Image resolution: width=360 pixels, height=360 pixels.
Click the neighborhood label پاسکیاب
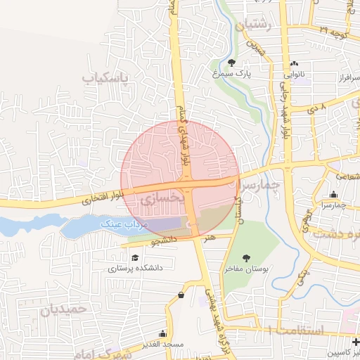coord(107,76)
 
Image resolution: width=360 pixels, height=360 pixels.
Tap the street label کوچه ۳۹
coord(333,30)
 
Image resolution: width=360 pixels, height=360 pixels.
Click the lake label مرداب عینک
coord(117,223)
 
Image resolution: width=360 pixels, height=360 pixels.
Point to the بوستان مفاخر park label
coord(245,269)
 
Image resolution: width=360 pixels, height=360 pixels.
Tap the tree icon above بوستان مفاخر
coord(245,258)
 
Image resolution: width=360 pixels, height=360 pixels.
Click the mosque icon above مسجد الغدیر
coord(162,333)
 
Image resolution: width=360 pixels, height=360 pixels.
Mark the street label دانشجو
coord(167,241)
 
